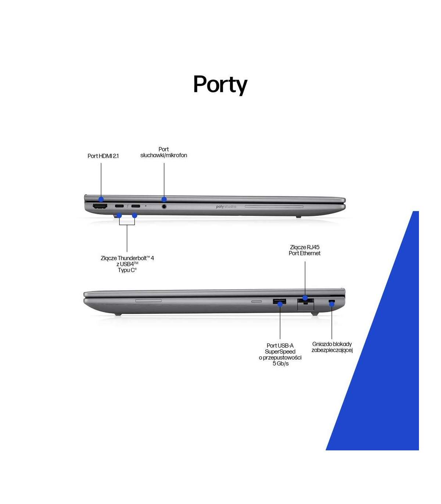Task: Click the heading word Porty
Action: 220,84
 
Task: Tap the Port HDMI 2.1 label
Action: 103,156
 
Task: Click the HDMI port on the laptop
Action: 100,206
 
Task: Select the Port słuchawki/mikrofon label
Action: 164,152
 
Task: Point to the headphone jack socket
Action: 164,206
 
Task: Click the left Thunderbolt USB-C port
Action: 119,206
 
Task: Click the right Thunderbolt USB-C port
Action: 136,206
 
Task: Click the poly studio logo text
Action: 226,207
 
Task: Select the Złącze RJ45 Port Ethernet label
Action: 304,250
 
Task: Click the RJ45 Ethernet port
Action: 305,303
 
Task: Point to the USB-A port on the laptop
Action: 279,302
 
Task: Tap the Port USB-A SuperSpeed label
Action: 280,352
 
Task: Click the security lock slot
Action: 331,302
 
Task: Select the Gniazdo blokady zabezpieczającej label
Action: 332,347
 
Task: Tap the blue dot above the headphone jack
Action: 164,199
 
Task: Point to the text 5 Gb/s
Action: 280,364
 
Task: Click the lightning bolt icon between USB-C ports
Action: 128,206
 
